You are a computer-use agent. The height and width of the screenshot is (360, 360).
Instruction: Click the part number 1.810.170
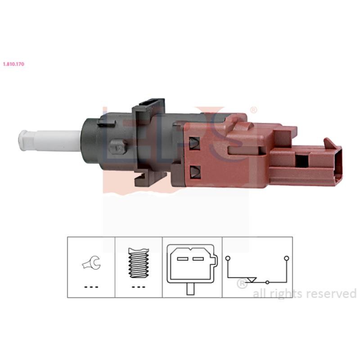[x=13, y=64]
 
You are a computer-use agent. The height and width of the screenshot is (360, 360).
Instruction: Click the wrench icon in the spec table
[x=91, y=263]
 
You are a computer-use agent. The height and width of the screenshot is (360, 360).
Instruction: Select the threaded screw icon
[x=139, y=263]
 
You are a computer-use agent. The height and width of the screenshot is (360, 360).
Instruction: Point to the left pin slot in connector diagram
[x=183, y=259]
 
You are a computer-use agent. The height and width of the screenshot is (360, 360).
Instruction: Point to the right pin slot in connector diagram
[x=198, y=259]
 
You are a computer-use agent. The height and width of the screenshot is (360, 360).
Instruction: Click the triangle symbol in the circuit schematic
[x=252, y=280]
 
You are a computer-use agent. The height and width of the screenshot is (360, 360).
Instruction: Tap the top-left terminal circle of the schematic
[x=228, y=258]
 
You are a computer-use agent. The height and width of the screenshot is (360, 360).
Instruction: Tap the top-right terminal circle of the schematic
[x=286, y=258]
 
